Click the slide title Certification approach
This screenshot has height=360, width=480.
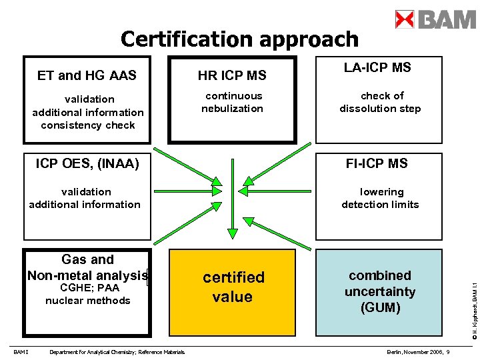pyautogui.click(x=239, y=39)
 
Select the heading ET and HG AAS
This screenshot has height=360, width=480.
pyautogui.click(x=87, y=75)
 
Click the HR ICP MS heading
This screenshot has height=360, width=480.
pyautogui.click(x=232, y=75)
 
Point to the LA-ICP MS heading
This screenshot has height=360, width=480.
pyautogui.click(x=377, y=67)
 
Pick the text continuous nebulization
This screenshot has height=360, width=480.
pyautogui.click(x=233, y=102)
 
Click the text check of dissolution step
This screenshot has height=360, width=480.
pyautogui.click(x=380, y=102)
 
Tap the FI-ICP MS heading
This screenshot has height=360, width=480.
pyautogui.click(x=376, y=163)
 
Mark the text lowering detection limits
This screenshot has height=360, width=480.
pyautogui.click(x=380, y=198)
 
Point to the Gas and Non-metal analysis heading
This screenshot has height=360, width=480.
pyautogui.click(x=87, y=267)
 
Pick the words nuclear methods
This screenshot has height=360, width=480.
pyautogui.click(x=88, y=301)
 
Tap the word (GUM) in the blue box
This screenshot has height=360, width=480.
pyautogui.click(x=380, y=307)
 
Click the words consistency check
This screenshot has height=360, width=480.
pyautogui.click(x=88, y=125)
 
